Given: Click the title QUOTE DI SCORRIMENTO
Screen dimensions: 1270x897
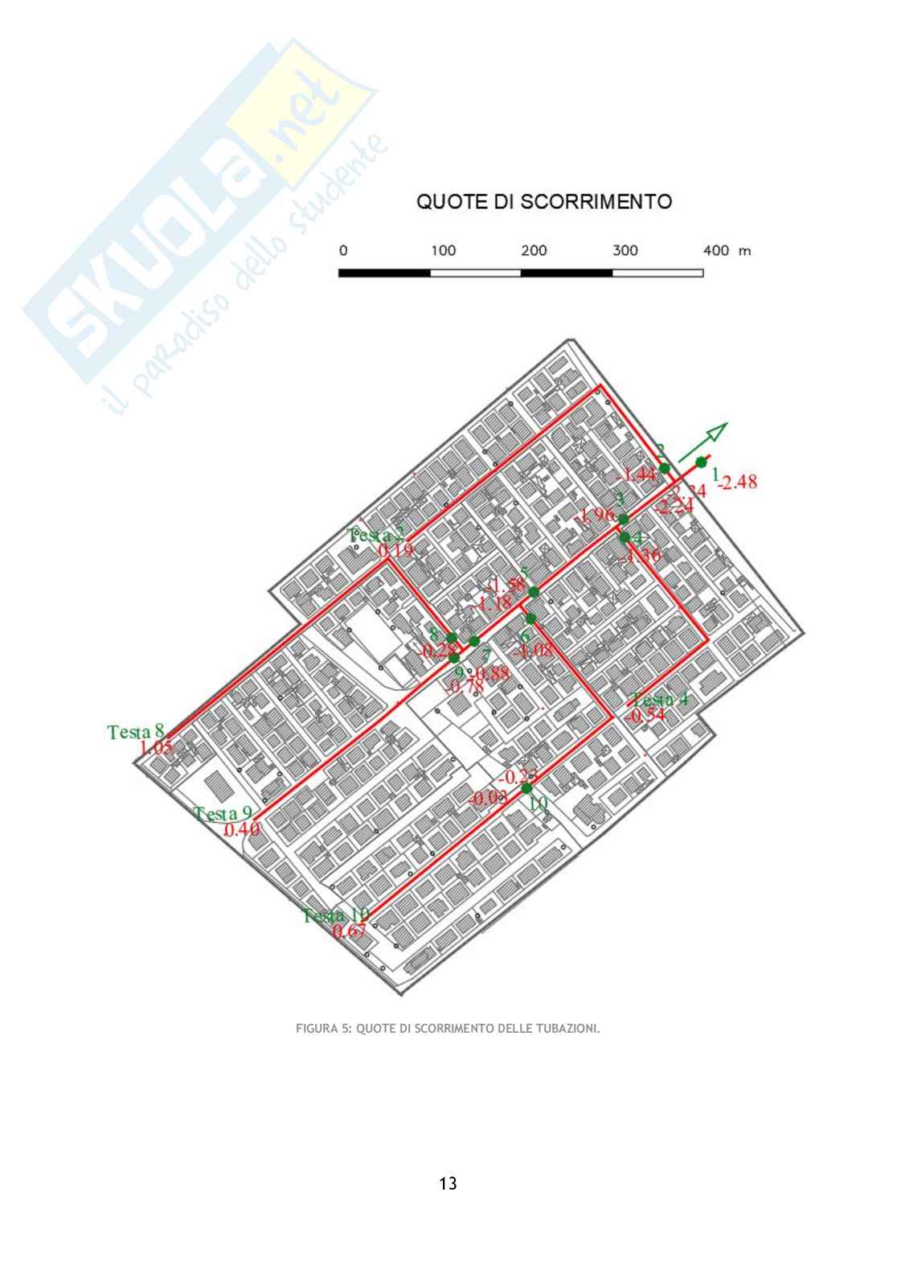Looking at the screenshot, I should (x=543, y=201).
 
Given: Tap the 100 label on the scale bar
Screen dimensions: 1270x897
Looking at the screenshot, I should (x=442, y=251).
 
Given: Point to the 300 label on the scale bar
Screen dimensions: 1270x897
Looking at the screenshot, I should (x=625, y=251).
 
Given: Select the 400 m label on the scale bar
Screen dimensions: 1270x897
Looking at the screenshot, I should (x=727, y=251).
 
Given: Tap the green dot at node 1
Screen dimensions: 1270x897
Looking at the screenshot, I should (x=702, y=462).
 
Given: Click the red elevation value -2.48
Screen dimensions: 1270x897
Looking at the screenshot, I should (x=738, y=483).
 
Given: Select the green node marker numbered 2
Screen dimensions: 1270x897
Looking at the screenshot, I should (x=665, y=468).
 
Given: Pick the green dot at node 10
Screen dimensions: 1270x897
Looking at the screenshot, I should (x=526, y=788).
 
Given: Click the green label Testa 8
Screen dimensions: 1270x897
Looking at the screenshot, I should (x=136, y=732).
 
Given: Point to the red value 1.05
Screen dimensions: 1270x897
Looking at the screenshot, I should (x=157, y=748).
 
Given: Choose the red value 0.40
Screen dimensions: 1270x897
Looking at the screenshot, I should (x=241, y=830).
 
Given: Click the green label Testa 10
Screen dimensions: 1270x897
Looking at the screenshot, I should (x=336, y=915).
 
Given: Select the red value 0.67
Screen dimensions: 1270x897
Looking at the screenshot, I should (x=349, y=931).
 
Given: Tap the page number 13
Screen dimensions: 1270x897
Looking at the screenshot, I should (x=448, y=1183).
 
